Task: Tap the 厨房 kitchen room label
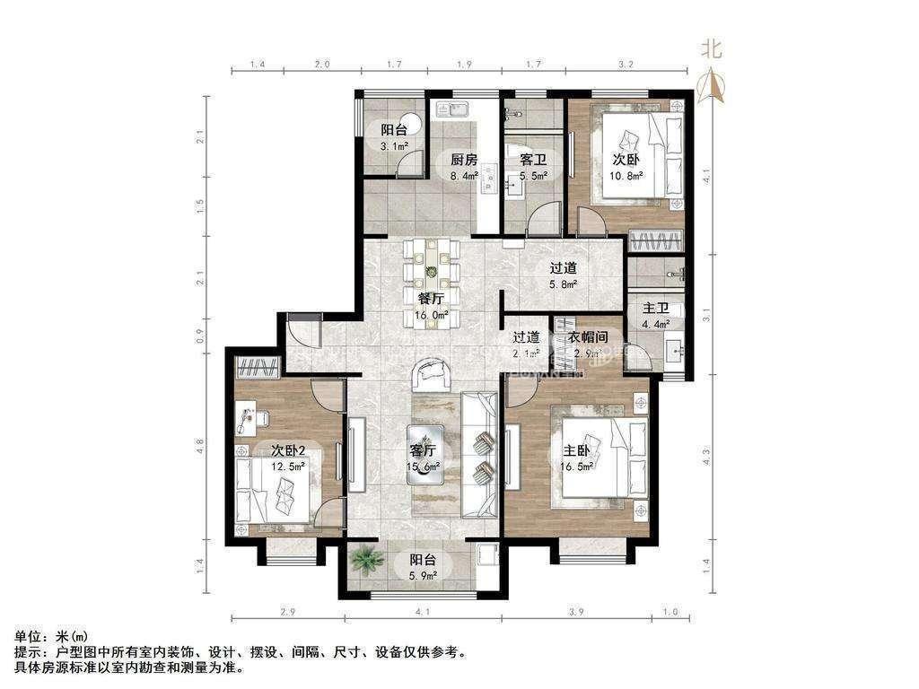462,160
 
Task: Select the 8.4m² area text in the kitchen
462,176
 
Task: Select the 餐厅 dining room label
432,299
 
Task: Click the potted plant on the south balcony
366,559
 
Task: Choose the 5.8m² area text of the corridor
563,283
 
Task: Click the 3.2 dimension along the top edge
626,65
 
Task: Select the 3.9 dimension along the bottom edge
576,613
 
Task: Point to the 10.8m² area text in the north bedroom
626,176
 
